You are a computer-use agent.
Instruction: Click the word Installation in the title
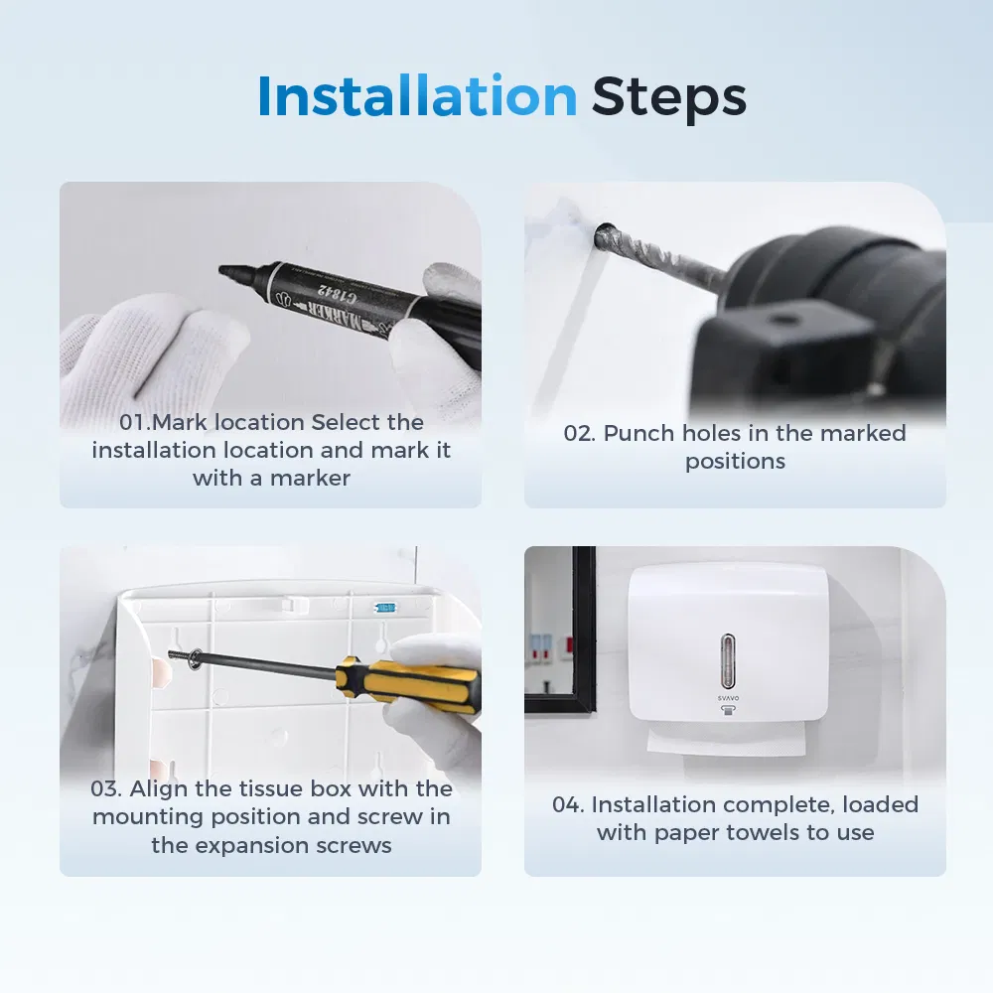(x=417, y=95)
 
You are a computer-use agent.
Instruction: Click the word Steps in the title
(x=668, y=98)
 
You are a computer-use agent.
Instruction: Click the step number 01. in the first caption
(x=135, y=422)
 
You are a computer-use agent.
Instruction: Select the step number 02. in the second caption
(x=579, y=433)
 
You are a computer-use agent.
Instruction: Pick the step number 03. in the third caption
(x=106, y=788)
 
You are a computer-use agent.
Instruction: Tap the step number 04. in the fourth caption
(x=568, y=804)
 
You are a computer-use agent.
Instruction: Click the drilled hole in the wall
(x=604, y=235)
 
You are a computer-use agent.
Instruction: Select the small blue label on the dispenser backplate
(x=385, y=608)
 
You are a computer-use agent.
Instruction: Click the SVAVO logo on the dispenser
(x=728, y=698)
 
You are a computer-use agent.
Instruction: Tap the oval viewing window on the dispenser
(x=728, y=661)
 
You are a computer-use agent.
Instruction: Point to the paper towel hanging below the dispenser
(x=727, y=741)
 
